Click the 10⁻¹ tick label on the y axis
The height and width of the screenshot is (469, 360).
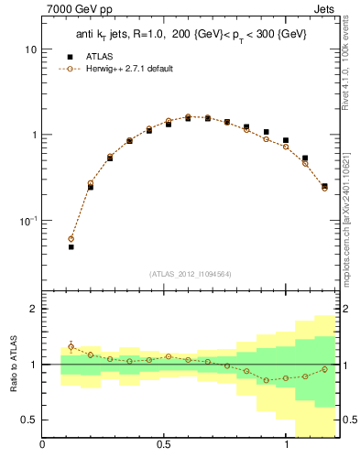click(x=26, y=221)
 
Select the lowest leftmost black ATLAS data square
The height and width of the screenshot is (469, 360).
click(x=71, y=246)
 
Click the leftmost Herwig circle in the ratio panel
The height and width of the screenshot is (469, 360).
click(x=71, y=346)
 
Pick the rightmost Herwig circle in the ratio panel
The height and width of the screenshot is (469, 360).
click(x=324, y=369)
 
